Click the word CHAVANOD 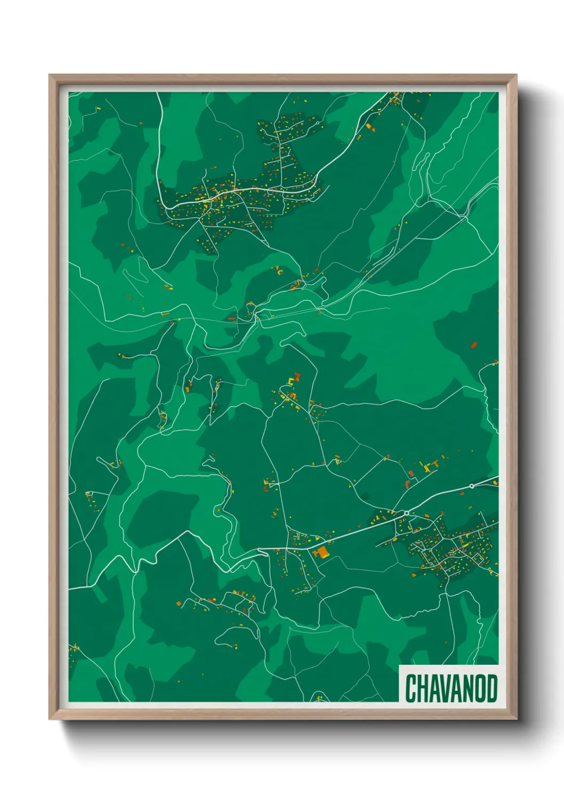[451, 688]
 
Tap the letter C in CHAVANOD [410, 688]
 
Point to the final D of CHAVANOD [492, 688]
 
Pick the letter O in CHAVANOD [480, 688]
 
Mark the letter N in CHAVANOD [468, 688]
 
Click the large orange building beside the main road [321, 551]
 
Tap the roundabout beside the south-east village [407, 513]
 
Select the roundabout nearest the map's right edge [472, 486]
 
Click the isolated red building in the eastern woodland [473, 345]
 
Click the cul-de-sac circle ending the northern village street [318, 123]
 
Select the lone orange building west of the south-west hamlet [179, 603]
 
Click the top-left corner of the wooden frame [50, 75]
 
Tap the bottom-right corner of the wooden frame [516, 719]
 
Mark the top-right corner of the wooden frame [516, 75]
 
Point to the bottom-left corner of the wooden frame [50, 719]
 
